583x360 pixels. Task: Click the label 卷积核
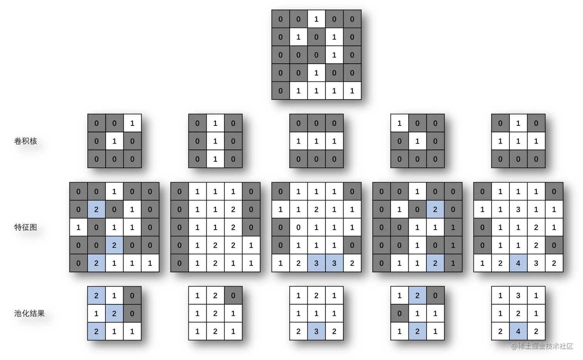pyautogui.click(x=26, y=141)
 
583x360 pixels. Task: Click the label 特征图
pyautogui.click(x=26, y=227)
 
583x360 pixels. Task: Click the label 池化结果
pyautogui.click(x=30, y=313)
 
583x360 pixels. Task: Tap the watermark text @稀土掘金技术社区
pyautogui.click(x=541, y=345)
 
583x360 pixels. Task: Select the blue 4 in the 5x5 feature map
pyautogui.click(x=518, y=263)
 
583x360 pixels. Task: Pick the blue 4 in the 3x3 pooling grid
pyautogui.click(x=518, y=331)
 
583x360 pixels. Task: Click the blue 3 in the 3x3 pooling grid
pyautogui.click(x=316, y=331)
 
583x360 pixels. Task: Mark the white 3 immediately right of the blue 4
pyautogui.click(x=536, y=263)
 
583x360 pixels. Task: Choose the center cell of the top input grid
pyautogui.click(x=316, y=55)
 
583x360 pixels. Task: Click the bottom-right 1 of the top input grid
pyautogui.click(x=352, y=91)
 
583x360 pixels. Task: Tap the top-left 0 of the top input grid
pyautogui.click(x=280, y=19)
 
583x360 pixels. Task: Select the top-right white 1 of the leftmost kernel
pyautogui.click(x=132, y=123)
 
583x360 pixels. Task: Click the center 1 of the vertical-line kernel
pyautogui.click(x=215, y=141)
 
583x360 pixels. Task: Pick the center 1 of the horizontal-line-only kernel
pyautogui.click(x=316, y=141)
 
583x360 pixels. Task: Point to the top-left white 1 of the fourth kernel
pyautogui.click(x=399, y=123)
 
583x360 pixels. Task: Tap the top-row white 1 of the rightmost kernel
pyautogui.click(x=518, y=123)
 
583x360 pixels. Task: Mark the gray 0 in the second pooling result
pyautogui.click(x=233, y=296)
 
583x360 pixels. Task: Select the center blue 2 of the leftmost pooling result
pyautogui.click(x=114, y=313)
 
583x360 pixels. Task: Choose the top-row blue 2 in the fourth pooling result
pyautogui.click(x=417, y=296)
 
